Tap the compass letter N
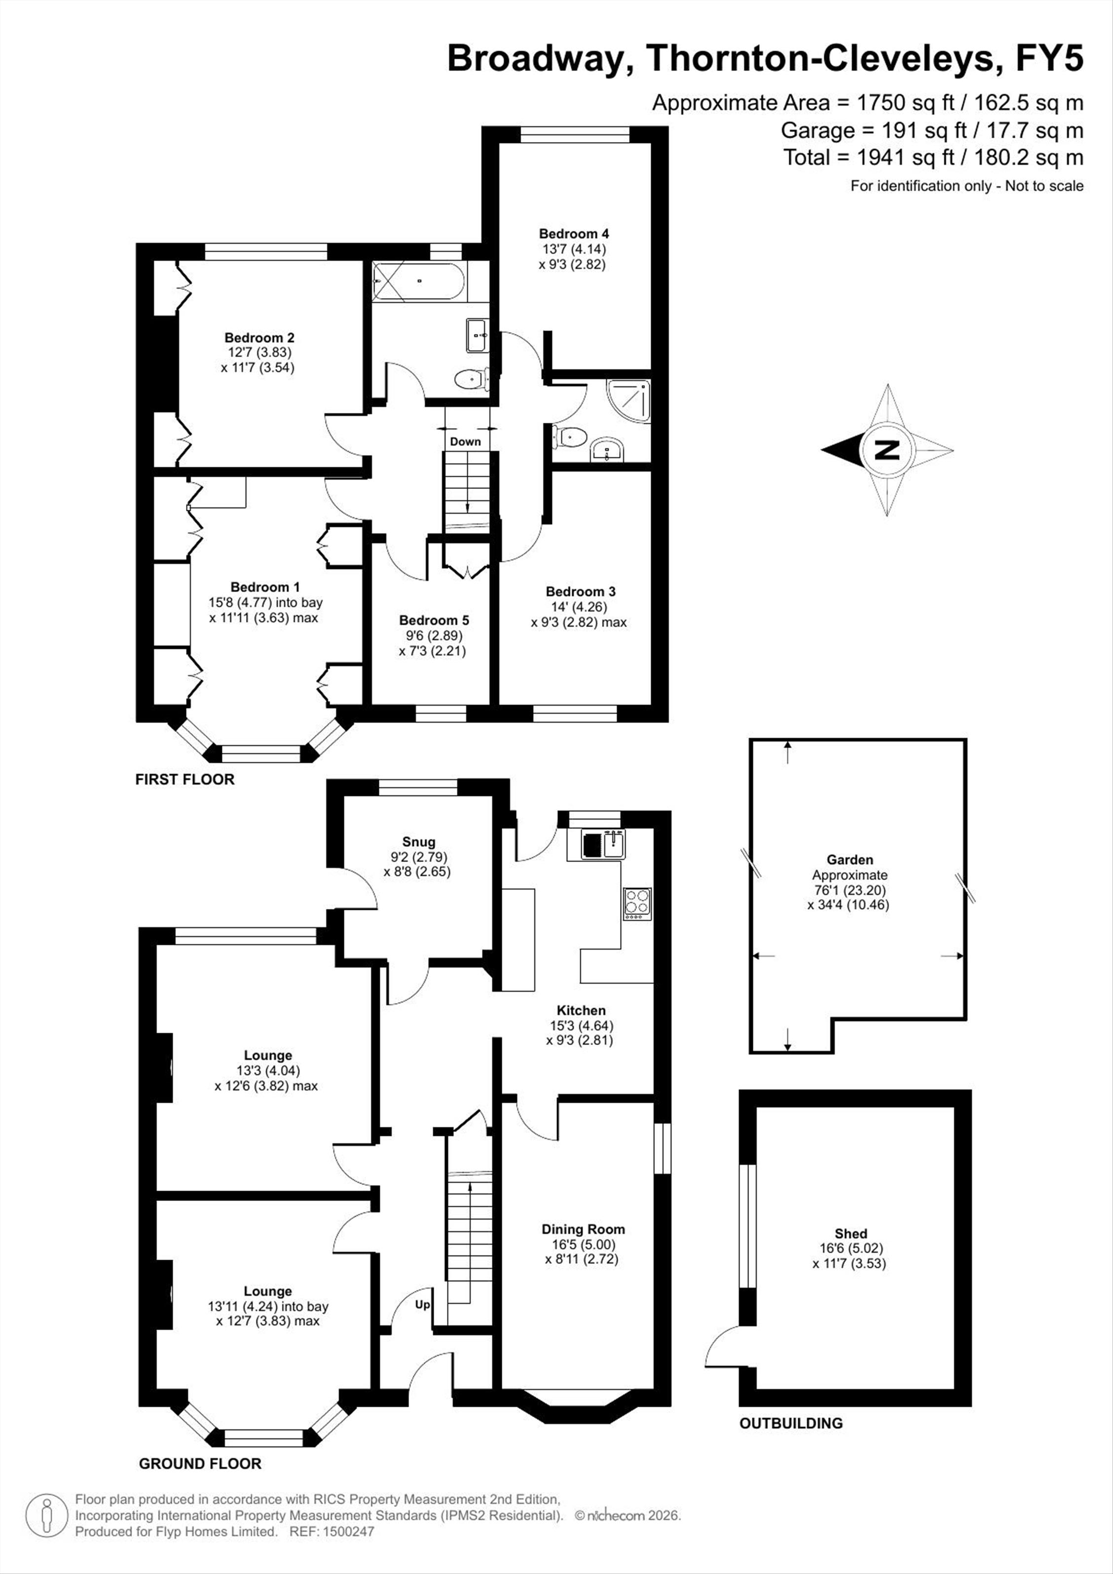[x=888, y=450]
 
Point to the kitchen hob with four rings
[x=637, y=903]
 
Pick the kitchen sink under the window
[x=603, y=844]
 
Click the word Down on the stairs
[x=465, y=442]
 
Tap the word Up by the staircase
[x=422, y=1305]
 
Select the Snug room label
[x=419, y=842]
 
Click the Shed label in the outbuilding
[x=851, y=1233]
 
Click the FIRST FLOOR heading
[x=185, y=780]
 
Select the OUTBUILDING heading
[x=791, y=1423]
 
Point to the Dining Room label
[x=583, y=1229]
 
